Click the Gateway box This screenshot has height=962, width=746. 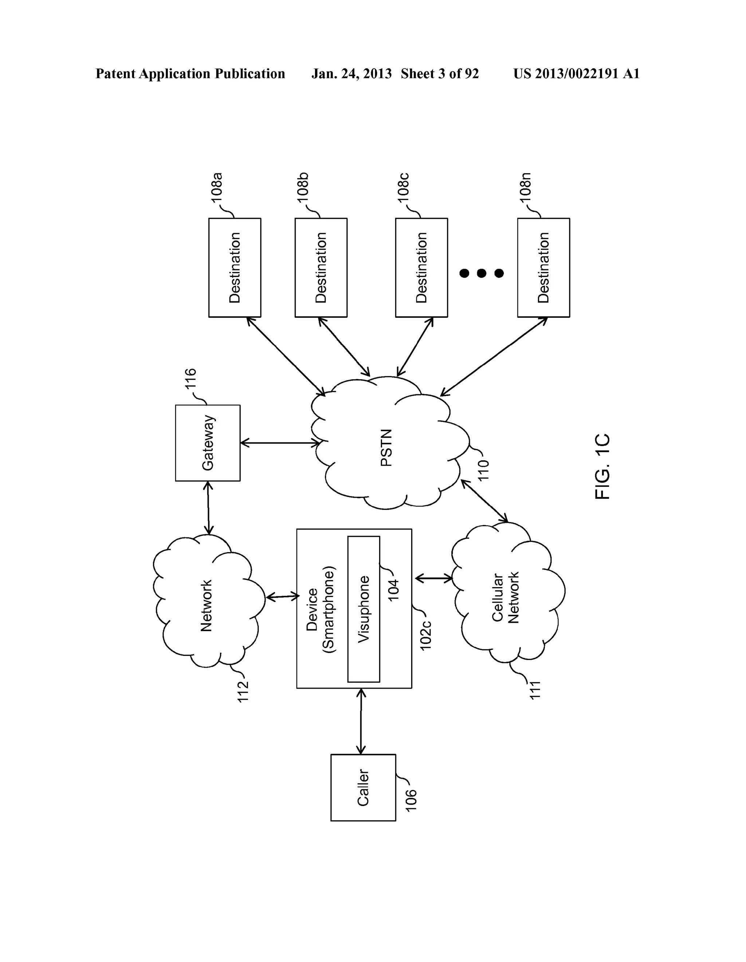[x=207, y=443]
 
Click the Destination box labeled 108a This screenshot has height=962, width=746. [x=234, y=267]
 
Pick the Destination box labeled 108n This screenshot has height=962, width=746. [x=543, y=267]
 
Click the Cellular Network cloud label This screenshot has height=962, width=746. [x=506, y=597]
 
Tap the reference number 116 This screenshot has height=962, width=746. [x=190, y=379]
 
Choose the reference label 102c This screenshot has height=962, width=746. [x=425, y=635]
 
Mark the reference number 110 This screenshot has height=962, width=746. [x=483, y=470]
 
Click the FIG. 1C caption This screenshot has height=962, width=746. [x=602, y=466]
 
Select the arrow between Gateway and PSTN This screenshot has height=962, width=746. [x=280, y=443]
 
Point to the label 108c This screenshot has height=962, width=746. [x=404, y=188]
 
